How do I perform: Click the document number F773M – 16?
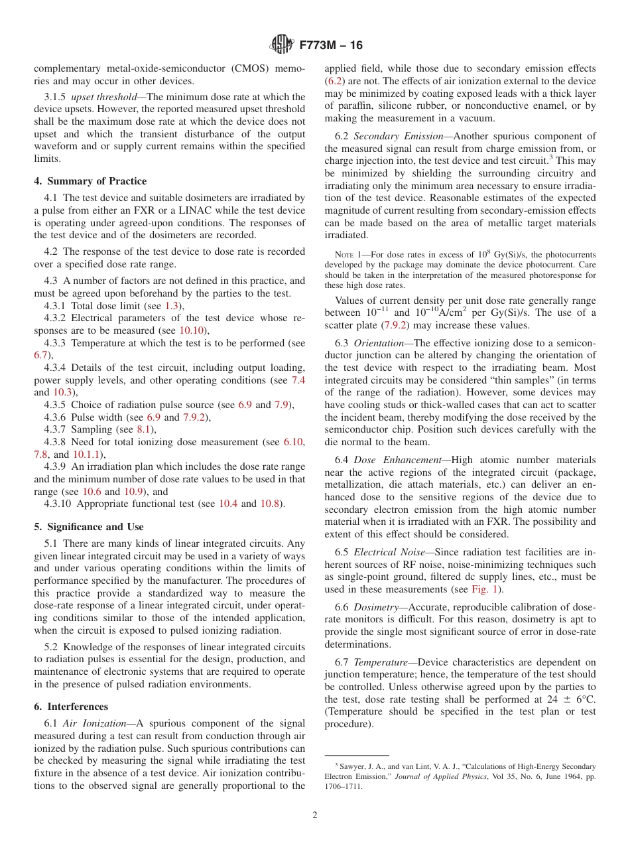(x=330, y=46)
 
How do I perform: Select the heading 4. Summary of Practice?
(x=90, y=181)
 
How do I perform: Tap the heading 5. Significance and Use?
(x=88, y=527)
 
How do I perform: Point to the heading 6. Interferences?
(x=71, y=707)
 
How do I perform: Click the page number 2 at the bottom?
(x=314, y=815)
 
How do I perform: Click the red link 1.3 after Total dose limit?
(x=172, y=306)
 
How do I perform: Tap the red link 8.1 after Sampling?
(x=144, y=429)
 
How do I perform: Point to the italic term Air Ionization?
(x=94, y=723)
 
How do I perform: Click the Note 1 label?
(x=348, y=255)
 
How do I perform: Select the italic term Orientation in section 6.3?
(x=379, y=343)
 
